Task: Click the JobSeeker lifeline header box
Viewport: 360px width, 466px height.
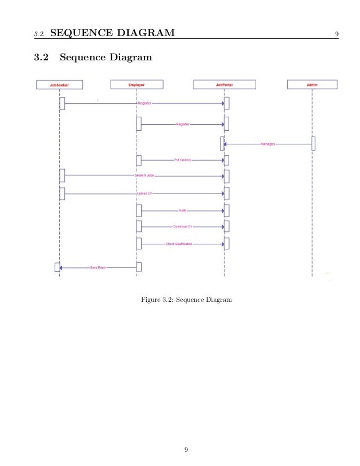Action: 59,85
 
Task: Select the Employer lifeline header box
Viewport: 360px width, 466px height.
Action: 137,85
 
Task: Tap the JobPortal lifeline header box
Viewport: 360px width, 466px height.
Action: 224,85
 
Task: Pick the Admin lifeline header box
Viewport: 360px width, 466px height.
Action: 312,85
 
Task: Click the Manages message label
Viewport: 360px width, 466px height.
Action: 268,144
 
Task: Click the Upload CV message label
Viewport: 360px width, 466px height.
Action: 144,194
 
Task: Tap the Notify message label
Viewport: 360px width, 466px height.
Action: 183,210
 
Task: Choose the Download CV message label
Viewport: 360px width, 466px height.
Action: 183,227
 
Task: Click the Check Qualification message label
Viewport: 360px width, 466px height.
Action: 179,244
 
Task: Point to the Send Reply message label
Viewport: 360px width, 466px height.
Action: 98,267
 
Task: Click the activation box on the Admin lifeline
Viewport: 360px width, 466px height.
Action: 313,143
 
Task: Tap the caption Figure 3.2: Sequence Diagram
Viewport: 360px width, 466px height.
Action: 186,299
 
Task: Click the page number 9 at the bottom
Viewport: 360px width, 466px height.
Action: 186,450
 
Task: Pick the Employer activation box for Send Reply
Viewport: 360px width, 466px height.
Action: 139,267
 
